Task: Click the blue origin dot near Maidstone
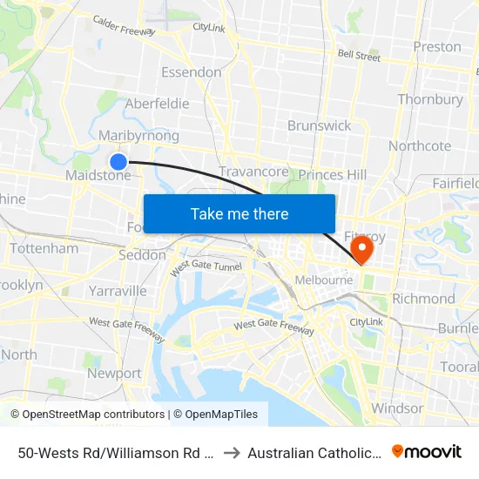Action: (118, 161)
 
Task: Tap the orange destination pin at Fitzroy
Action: (360, 250)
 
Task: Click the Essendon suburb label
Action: (191, 71)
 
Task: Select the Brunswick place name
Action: (320, 125)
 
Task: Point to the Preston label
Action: (437, 46)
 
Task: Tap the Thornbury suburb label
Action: (430, 99)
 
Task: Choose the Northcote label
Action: (420, 145)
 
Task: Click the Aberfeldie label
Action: (157, 104)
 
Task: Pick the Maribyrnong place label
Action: (138, 136)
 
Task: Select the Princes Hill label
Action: (332, 175)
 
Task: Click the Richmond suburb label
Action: (423, 298)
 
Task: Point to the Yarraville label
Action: (117, 290)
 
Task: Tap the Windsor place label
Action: (397, 408)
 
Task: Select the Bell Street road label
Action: (359, 56)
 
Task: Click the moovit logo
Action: (427, 451)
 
